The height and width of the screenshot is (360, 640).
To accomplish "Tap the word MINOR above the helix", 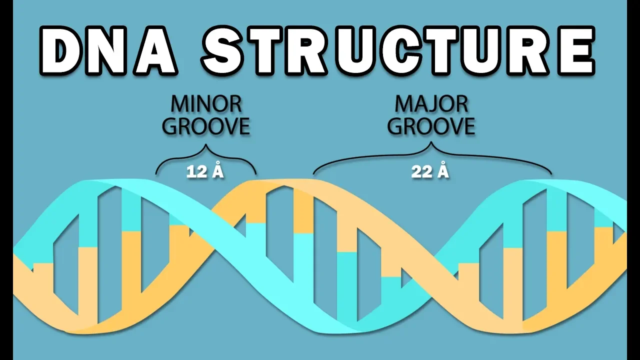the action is click(206, 104).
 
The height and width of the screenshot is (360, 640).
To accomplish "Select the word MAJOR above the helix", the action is click(431, 104).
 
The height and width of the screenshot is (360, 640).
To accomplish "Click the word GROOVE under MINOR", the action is click(206, 126).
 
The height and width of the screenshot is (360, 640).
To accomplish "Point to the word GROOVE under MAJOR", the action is click(431, 126).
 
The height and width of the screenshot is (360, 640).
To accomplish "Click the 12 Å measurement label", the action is click(205, 171).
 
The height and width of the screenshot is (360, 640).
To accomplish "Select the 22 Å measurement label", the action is click(430, 171).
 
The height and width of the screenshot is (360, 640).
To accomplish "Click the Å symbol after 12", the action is click(217, 171).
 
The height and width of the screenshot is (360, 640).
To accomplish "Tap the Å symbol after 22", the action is click(443, 171).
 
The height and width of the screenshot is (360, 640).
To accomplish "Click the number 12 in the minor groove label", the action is click(196, 172).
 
